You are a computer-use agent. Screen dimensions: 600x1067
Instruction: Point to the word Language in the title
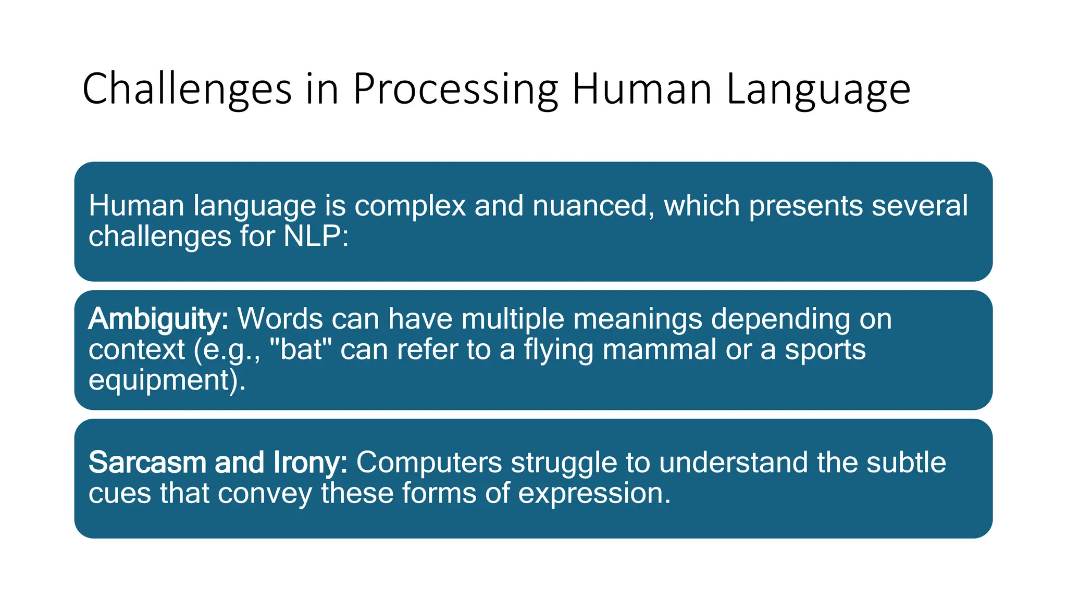click(x=818, y=90)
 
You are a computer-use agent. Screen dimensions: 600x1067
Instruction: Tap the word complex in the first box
click(x=410, y=206)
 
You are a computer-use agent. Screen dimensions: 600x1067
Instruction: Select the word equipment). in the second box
click(x=167, y=380)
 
